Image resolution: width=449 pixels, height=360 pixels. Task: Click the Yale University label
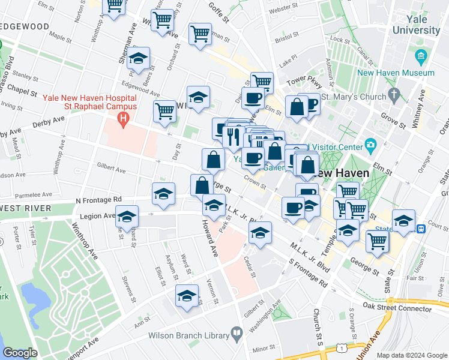415,25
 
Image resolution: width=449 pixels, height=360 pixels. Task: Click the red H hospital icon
124,119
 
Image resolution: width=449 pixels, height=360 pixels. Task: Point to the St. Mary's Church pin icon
394,95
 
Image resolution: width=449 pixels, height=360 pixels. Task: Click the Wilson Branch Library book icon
237,333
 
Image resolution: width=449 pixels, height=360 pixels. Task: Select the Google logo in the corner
20,353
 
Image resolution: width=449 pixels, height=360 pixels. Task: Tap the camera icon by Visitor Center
370,146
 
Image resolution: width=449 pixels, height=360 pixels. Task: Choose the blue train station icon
422,228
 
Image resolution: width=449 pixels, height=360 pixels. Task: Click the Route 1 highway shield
342,349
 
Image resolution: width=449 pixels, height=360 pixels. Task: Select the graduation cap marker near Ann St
187,296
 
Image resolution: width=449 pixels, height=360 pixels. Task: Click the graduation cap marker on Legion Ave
127,217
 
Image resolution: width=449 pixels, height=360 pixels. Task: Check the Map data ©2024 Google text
411,355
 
